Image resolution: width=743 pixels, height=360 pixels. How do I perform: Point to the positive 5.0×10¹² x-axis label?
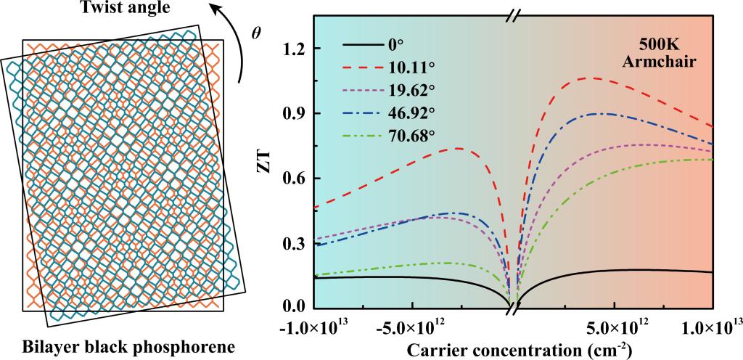pos(615,323)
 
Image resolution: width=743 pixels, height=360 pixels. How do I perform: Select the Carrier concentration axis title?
pos(519,348)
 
